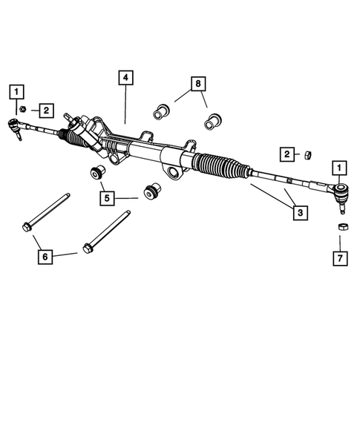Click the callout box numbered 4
[125, 77]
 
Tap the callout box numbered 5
[108, 198]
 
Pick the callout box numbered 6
[45, 257]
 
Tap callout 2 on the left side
[46, 110]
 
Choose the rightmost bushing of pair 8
[216, 118]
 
